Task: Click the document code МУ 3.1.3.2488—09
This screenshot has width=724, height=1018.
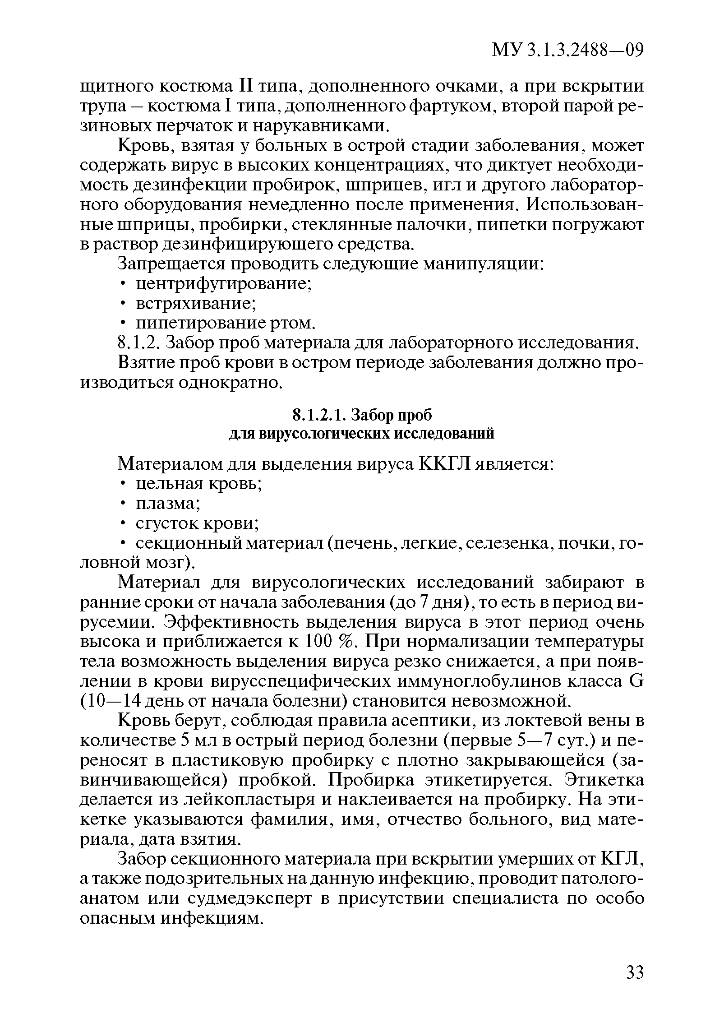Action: point(567,50)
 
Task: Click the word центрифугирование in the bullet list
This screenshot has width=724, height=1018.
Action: point(224,284)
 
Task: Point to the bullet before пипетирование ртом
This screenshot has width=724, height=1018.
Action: point(122,324)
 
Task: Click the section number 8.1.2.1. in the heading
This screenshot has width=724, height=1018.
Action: point(319,414)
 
